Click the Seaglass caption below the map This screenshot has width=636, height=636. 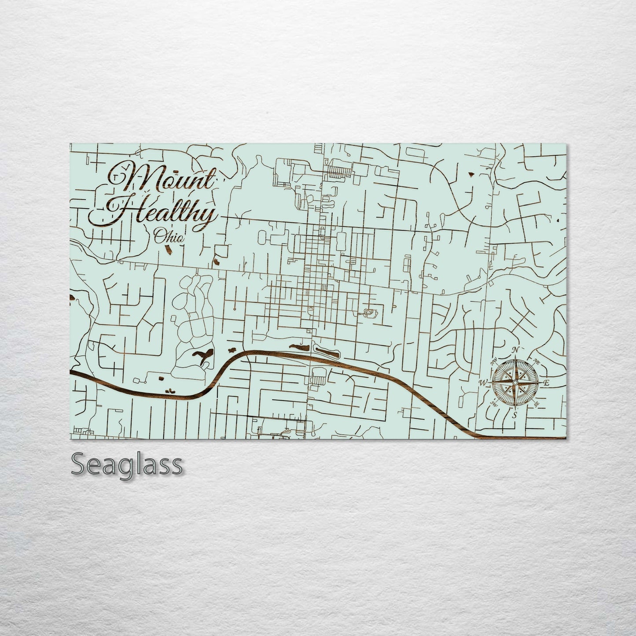[x=127, y=464]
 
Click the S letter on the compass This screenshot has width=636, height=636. [x=513, y=415]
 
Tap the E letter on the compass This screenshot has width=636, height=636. [x=546, y=383]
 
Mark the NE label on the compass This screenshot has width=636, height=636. [x=536, y=361]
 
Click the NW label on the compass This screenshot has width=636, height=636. [x=493, y=361]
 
